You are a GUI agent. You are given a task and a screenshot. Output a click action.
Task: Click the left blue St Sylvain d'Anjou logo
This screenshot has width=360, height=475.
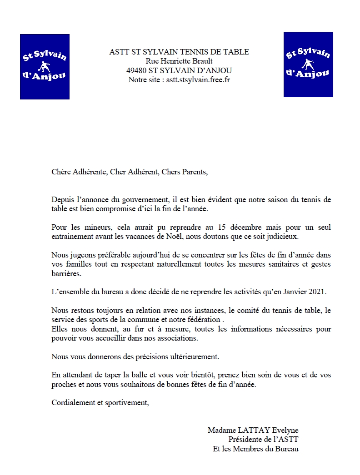(45, 67)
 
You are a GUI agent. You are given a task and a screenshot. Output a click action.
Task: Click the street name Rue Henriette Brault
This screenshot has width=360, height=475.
(179, 61)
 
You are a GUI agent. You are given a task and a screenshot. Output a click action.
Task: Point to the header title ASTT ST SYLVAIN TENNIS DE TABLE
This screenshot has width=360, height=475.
(179, 52)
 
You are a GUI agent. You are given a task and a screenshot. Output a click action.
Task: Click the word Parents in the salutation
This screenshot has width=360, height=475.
(194, 172)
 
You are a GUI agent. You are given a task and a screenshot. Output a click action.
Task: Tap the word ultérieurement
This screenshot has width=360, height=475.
(193, 356)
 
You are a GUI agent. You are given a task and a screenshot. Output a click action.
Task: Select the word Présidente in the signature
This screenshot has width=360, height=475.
(245, 440)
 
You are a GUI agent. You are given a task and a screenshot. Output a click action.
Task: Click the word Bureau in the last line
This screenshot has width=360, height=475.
(287, 449)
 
